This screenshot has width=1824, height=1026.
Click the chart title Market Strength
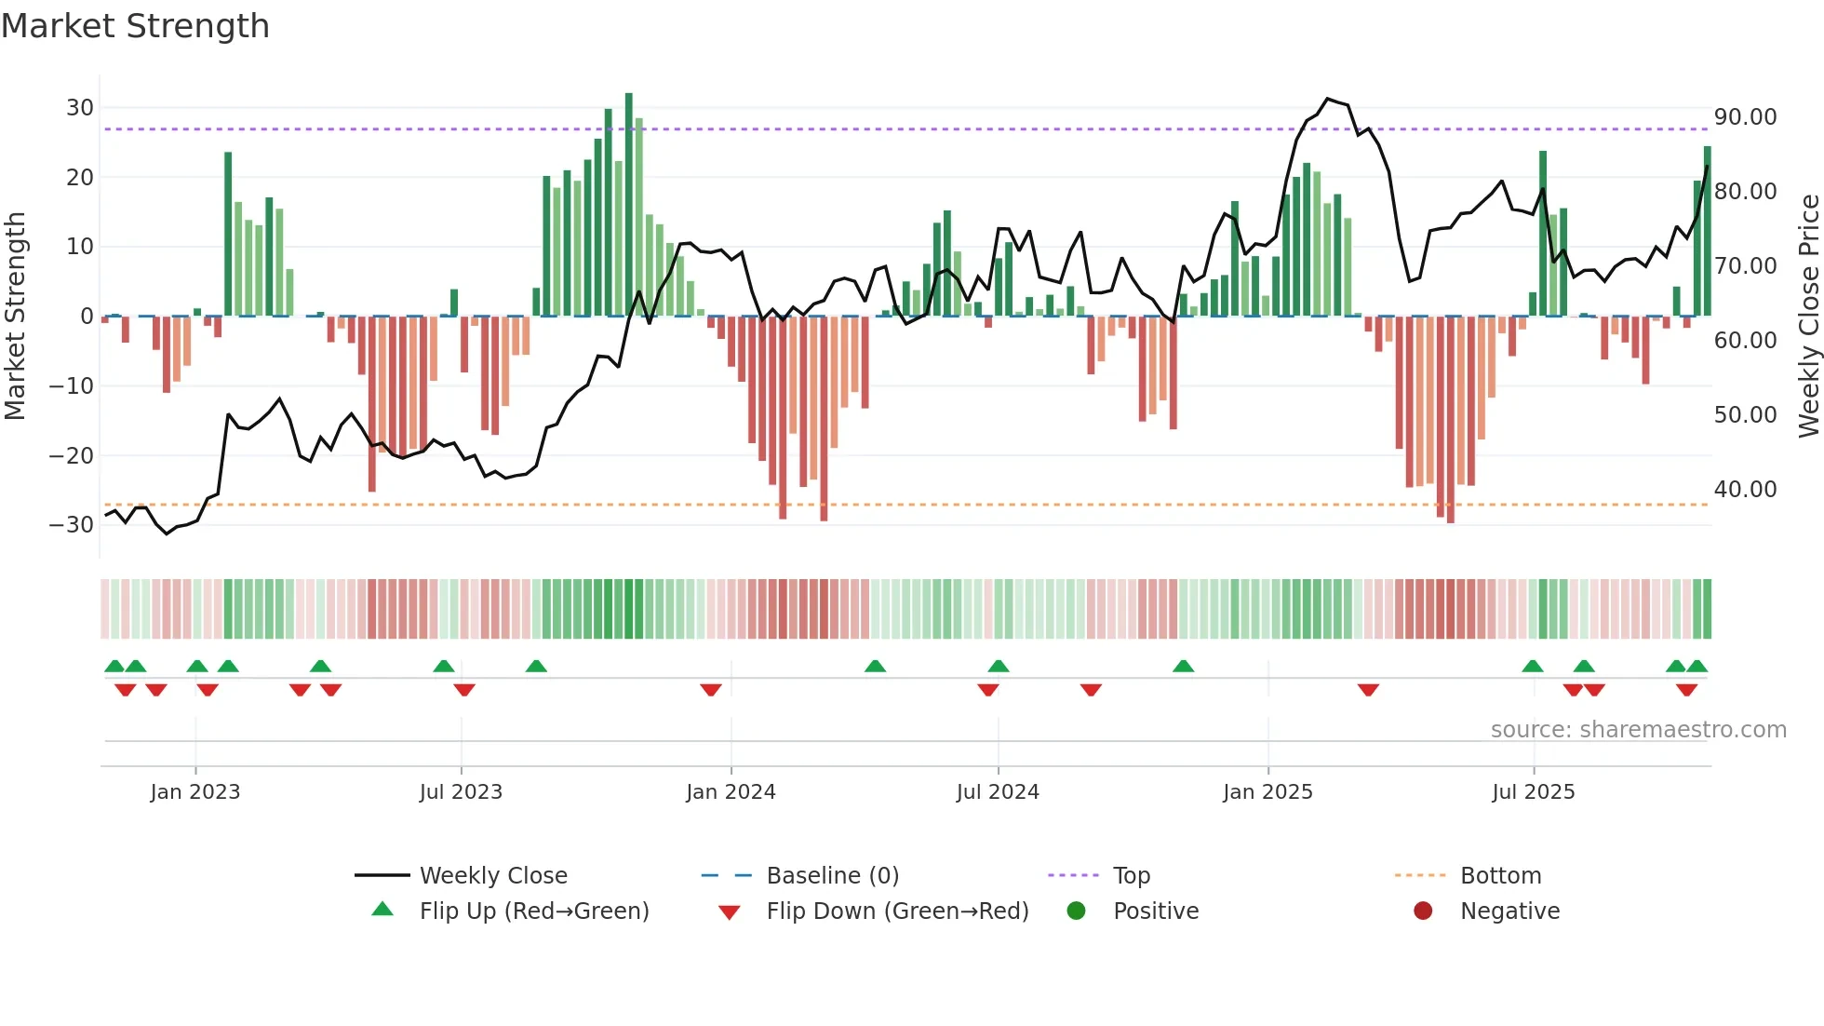[x=135, y=26]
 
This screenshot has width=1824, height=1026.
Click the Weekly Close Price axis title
[x=1808, y=316]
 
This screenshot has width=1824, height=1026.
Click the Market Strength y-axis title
[x=15, y=316]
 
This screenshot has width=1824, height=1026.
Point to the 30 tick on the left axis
[x=80, y=107]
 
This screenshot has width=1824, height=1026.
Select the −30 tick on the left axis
[x=73, y=524]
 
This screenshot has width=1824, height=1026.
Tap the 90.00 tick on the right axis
[x=1745, y=117]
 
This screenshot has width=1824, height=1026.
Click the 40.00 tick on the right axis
[x=1745, y=489]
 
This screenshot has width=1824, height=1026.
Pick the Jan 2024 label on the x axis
[x=731, y=792]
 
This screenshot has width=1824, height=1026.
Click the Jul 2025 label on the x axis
[x=1533, y=792]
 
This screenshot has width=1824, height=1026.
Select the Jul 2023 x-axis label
[x=461, y=792]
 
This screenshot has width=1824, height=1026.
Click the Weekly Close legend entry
[x=492, y=875]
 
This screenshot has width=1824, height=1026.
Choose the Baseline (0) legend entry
[x=832, y=875]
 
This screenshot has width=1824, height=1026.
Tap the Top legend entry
[x=1131, y=875]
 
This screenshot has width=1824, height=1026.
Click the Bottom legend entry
[x=1500, y=875]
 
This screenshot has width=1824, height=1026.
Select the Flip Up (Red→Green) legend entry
[x=533, y=911]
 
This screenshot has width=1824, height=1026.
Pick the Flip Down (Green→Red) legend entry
[x=897, y=911]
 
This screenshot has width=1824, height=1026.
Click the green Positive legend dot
[x=1077, y=911]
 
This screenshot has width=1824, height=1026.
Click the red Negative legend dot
[x=1423, y=911]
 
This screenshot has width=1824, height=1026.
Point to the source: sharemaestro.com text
[x=1638, y=730]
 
